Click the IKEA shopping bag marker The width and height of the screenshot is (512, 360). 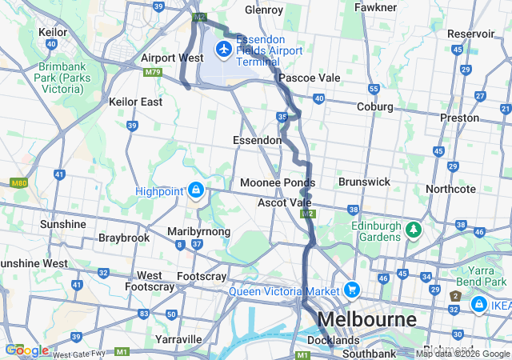pyautogui.click(x=478, y=305)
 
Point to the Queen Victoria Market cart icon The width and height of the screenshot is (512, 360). pyautogui.click(x=352, y=290)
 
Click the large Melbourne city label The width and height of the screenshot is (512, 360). pyautogui.click(x=371, y=319)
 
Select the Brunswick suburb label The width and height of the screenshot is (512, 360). pyautogui.click(x=364, y=182)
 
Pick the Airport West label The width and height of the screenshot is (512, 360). pyautogui.click(x=171, y=58)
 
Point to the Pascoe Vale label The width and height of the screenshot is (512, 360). pyautogui.click(x=309, y=78)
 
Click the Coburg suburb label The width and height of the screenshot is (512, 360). pyautogui.click(x=374, y=106)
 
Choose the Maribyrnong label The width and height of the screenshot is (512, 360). pyautogui.click(x=198, y=231)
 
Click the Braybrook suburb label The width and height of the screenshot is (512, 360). pyautogui.click(x=124, y=238)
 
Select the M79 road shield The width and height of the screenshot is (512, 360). pyautogui.click(x=153, y=73)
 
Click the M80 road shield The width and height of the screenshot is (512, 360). pyautogui.click(x=19, y=183)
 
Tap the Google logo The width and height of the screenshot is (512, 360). pyautogui.click(x=26, y=350)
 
